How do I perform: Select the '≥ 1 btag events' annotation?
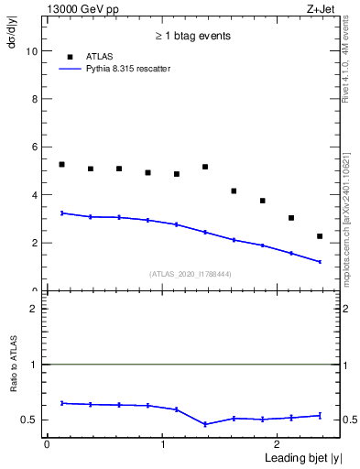[191, 36]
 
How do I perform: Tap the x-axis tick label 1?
[162, 444]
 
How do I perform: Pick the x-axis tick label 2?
[278, 444]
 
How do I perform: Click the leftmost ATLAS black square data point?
[61, 164]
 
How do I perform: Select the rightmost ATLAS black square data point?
[320, 236]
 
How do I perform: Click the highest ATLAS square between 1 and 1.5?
[205, 167]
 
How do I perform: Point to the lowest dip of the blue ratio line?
[205, 424]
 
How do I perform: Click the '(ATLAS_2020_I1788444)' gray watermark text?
[191, 274]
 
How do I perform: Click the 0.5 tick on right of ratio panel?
[345, 420]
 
